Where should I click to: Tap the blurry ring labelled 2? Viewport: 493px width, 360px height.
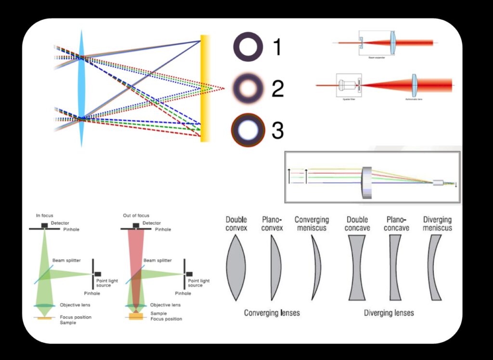[248, 88]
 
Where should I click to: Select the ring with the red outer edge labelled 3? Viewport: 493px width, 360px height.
[248, 130]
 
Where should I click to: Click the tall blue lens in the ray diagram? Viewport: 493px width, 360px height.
[81, 89]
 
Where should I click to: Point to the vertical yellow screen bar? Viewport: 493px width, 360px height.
[205, 88]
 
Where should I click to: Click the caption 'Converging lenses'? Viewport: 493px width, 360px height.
[272, 313]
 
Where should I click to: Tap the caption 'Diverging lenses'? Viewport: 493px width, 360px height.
[389, 313]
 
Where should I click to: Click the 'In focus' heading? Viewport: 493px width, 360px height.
[44, 215]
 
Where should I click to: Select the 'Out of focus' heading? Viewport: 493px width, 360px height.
[136, 215]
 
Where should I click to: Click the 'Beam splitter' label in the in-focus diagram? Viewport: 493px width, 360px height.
[66, 260]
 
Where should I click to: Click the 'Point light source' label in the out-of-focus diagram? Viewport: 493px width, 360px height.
[198, 283]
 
